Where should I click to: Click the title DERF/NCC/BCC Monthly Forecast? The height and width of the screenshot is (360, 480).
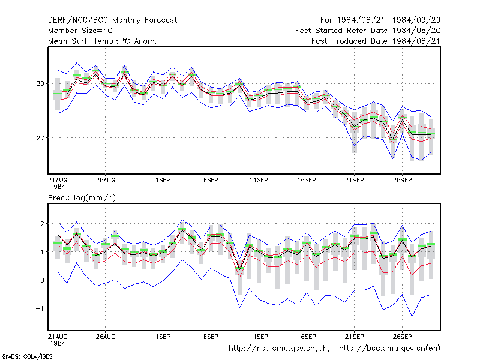112,20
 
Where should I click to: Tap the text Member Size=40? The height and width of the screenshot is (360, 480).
80,31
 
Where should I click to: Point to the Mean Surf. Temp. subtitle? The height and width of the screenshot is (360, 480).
103,41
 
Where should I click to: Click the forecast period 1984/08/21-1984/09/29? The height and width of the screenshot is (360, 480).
380,20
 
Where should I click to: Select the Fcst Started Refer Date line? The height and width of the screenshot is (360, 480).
368,31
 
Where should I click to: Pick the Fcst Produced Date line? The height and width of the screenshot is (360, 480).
376,41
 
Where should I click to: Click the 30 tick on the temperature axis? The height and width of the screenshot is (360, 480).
40,83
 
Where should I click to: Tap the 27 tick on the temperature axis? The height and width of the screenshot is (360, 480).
40,138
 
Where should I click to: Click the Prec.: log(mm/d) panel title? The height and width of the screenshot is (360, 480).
82,198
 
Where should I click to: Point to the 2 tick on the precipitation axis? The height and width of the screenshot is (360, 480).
42,224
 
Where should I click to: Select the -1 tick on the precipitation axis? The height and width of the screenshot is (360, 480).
40,308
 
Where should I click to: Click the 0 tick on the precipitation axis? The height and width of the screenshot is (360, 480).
42,280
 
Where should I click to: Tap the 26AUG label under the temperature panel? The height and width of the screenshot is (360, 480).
106,181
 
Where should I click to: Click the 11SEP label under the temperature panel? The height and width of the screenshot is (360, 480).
259,181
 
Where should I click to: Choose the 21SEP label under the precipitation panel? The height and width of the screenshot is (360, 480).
355,337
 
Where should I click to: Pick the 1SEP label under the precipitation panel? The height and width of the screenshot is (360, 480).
163,337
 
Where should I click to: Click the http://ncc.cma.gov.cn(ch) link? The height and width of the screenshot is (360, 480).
279,349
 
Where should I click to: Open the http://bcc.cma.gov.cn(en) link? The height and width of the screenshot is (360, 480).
389,349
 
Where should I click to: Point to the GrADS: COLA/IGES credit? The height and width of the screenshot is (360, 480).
27,356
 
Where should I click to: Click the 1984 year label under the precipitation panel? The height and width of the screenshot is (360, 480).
58,343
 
